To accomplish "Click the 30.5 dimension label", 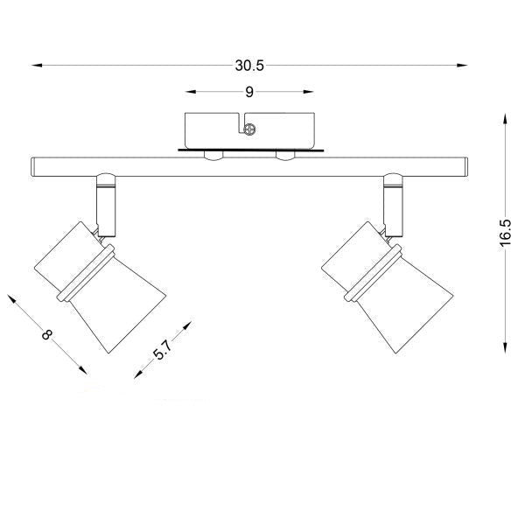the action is coord(249,66).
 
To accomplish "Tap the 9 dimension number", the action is coord(249,92).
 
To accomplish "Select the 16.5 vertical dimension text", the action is coord(506,234).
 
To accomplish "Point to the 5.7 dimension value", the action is coord(164,349).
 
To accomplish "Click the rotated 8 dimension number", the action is coord(47,334).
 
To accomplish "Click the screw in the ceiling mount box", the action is coord(249,129).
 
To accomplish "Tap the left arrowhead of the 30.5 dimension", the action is coord(37,66).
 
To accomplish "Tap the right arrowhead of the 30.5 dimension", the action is coord(462,66).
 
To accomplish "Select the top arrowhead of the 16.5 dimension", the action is coord(505,119).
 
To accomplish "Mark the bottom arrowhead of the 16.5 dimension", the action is coord(505,347).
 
